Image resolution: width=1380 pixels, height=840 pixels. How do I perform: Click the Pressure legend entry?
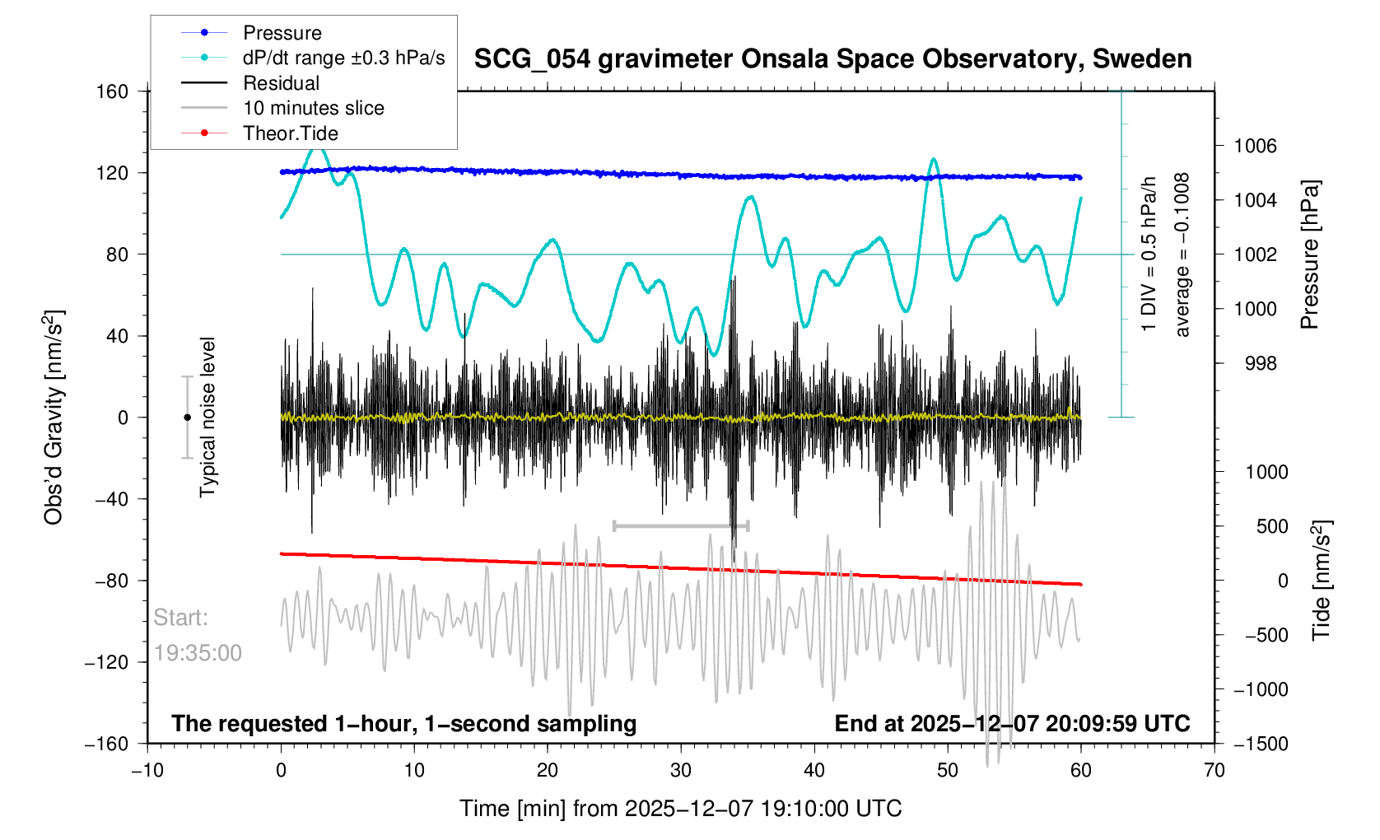pyautogui.click(x=282, y=33)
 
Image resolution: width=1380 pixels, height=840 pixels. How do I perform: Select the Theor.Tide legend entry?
pyautogui.click(x=290, y=133)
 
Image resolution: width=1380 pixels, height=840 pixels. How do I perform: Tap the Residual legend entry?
pyautogui.click(x=281, y=83)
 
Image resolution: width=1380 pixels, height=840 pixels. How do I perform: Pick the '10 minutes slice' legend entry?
pyautogui.click(x=313, y=108)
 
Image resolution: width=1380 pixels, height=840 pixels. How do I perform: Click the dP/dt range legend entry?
pyautogui.click(x=343, y=58)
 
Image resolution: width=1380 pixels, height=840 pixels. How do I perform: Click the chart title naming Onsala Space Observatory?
pyautogui.click(x=832, y=59)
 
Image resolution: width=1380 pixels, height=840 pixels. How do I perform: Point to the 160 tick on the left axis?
pyautogui.click(x=112, y=91)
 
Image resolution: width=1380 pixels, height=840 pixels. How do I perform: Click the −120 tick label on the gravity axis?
pyautogui.click(x=107, y=662)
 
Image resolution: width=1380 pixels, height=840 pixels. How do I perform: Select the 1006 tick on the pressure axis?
pyautogui.click(x=1255, y=147)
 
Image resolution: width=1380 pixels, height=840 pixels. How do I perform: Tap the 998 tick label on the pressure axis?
pyautogui.click(x=1260, y=363)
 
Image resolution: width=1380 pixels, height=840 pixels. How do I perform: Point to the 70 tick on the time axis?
pyautogui.click(x=1214, y=771)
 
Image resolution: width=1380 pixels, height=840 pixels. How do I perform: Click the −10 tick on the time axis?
pyautogui.click(x=147, y=771)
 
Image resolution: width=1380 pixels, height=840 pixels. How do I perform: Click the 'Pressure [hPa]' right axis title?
pyautogui.click(x=1309, y=254)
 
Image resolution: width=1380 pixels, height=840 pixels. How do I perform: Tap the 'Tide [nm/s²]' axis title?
pyautogui.click(x=1322, y=581)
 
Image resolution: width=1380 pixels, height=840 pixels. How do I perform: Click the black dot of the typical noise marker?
pyautogui.click(x=187, y=418)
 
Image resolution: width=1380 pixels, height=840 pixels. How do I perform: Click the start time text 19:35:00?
pyautogui.click(x=198, y=653)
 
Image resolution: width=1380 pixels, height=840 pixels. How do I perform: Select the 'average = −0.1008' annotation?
pyautogui.click(x=1182, y=254)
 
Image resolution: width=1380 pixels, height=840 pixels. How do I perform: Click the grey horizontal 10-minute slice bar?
pyautogui.click(x=680, y=525)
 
